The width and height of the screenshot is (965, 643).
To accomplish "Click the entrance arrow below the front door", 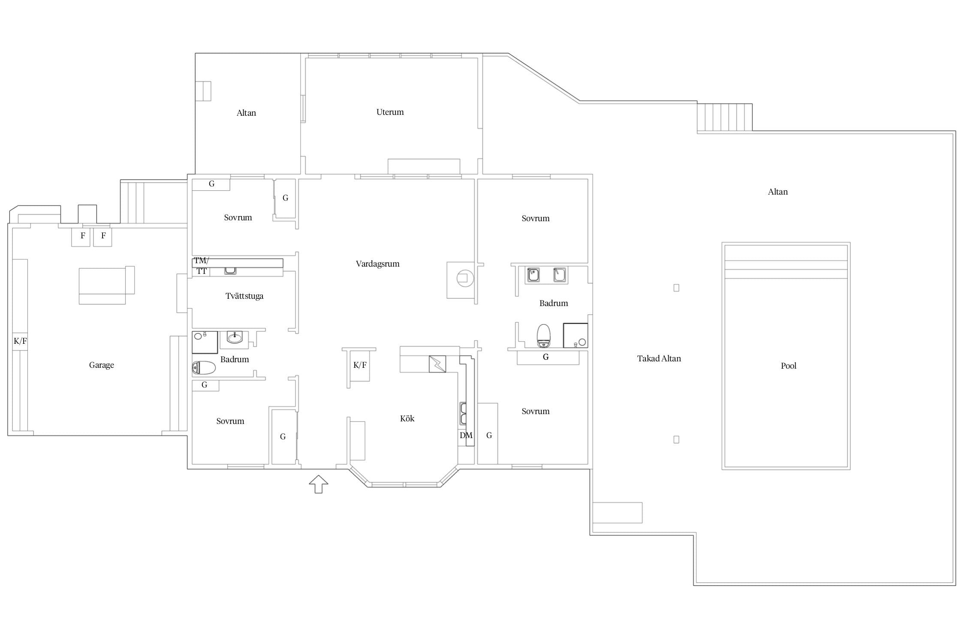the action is click(318, 484).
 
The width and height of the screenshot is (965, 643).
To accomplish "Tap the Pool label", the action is click(788, 366).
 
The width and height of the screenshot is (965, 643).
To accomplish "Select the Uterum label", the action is click(390, 112).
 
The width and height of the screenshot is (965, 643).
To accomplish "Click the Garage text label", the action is click(102, 365).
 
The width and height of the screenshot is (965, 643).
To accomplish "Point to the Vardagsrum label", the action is click(377, 264).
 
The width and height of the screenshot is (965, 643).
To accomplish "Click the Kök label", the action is click(407, 418).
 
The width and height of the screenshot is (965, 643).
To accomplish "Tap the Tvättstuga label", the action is click(244, 296).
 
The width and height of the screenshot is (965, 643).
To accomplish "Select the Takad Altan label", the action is click(659, 358).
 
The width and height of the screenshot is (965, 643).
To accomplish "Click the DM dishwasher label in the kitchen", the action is click(466, 436).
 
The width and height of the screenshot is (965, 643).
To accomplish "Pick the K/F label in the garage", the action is click(20, 341).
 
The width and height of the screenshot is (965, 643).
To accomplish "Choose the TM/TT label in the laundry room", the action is click(201, 266).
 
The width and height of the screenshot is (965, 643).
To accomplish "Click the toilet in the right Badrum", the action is click(543, 336).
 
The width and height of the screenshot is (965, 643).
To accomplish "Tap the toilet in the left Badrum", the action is click(204, 368).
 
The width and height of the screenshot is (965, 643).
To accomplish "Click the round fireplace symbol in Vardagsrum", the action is click(465, 278).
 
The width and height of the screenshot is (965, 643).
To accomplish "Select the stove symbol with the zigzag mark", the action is click(437, 364).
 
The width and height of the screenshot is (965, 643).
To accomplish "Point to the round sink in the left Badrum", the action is click(235, 338).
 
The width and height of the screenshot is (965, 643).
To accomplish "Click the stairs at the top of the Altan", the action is click(724, 117).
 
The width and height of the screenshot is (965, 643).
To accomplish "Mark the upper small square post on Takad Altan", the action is click(676, 288).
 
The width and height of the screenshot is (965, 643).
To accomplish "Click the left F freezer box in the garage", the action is click(81, 237).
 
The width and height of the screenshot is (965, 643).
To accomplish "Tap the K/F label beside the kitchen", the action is click(360, 365).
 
